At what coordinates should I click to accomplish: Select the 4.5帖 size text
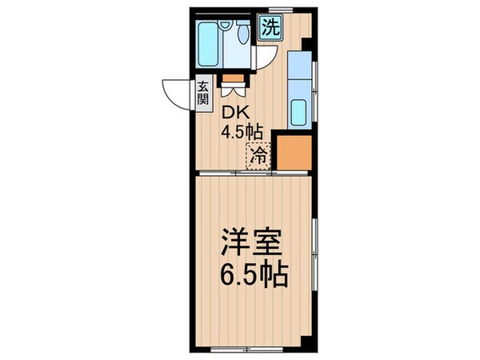click(241, 132)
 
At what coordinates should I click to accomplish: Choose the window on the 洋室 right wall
click(314, 248)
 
